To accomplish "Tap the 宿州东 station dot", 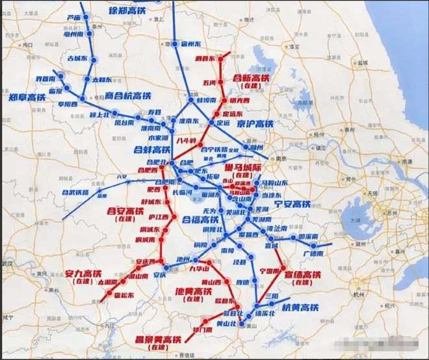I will [175, 44].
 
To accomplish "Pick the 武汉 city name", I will [6, 263].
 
